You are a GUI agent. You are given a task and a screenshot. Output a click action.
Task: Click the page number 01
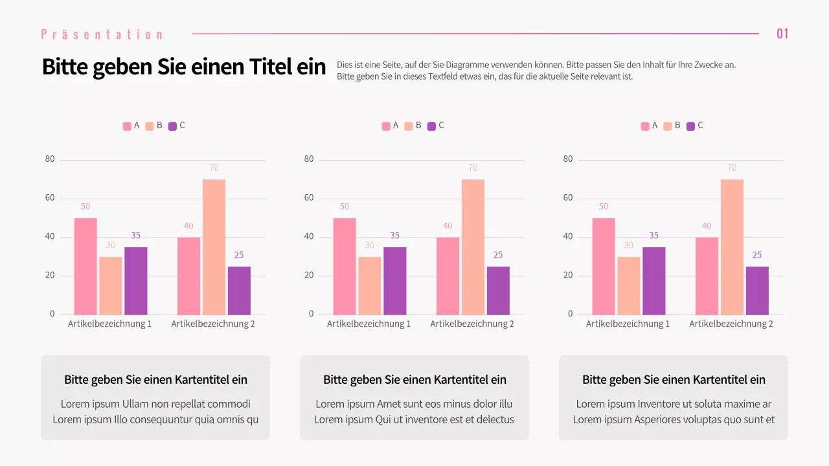(782, 34)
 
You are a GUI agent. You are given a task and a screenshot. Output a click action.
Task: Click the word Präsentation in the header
(102, 34)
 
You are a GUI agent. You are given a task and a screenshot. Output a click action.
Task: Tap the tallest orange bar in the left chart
(214, 247)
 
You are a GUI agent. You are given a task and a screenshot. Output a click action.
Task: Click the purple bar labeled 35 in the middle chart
(394, 281)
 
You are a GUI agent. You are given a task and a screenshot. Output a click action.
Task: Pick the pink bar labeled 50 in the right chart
(603, 266)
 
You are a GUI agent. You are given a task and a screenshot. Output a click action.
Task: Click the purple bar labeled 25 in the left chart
(239, 291)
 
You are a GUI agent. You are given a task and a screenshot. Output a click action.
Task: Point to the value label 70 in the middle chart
(473, 168)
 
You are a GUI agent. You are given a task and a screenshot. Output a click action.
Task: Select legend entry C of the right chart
(694, 126)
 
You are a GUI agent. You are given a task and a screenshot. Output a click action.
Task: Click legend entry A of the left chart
(131, 126)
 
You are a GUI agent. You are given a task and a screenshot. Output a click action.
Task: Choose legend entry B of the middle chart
(413, 126)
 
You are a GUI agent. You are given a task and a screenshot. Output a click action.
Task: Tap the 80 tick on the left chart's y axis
(50, 159)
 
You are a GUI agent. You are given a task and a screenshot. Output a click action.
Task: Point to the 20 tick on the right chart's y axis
(568, 276)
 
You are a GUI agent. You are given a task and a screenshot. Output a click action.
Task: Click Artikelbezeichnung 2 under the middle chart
(472, 324)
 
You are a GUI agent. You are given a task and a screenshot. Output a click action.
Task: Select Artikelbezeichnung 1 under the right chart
(628, 324)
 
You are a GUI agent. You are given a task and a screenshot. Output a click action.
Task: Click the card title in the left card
(155, 380)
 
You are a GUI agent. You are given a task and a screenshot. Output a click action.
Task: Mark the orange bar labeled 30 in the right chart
(628, 285)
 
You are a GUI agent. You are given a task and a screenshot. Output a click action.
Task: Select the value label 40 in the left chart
(188, 226)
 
